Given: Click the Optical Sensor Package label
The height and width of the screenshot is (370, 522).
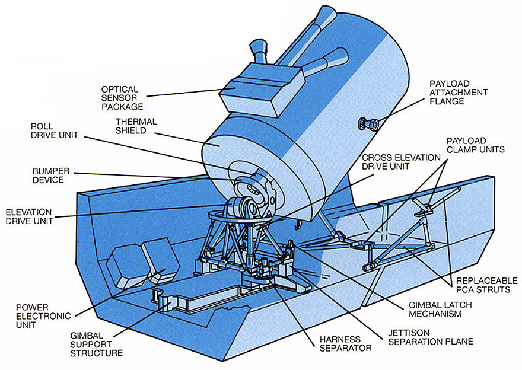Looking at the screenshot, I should point(122,98).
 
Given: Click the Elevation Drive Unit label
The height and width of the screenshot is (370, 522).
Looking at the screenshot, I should point(29,216).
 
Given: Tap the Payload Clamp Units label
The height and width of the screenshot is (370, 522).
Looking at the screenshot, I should point(475,145).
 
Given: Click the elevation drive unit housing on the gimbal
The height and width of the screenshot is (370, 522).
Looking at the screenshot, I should point(245,209).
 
